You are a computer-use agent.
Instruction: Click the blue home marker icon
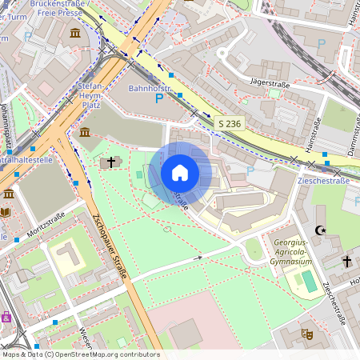click(x=180, y=173)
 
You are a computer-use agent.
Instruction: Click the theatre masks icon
click(x=306, y=333)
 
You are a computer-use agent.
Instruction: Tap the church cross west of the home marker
click(x=111, y=162)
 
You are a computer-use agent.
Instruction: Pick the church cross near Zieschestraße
click(x=347, y=262)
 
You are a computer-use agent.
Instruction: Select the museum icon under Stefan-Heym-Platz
click(x=85, y=132)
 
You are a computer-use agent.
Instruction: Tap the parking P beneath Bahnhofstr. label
click(x=158, y=98)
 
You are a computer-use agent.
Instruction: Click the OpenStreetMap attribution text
click(x=81, y=354)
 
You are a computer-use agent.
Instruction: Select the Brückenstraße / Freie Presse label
click(x=58, y=8)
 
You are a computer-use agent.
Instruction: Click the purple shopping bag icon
click(x=6, y=317)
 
